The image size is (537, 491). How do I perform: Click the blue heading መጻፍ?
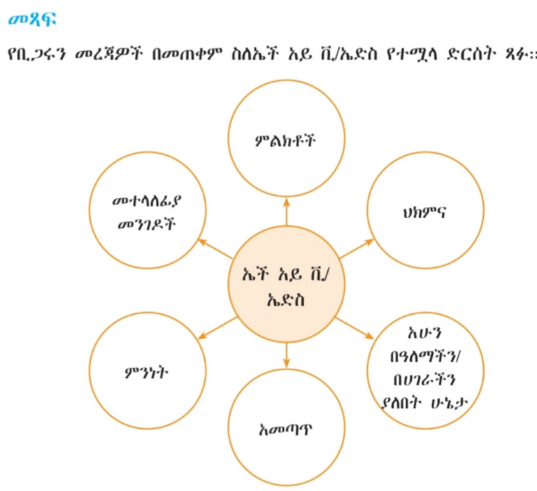32,20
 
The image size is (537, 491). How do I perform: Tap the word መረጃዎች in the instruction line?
108,54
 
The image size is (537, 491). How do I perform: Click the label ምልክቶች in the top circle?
285,141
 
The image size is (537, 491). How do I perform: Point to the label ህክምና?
424,213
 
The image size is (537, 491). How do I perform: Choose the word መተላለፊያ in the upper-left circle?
147,201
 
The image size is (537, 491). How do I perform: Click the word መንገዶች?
147,225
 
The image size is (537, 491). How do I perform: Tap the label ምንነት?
147,372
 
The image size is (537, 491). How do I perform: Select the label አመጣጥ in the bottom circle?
286,429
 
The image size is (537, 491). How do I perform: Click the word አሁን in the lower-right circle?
425,333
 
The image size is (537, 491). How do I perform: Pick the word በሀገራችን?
424,380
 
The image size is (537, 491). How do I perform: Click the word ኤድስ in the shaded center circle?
285,300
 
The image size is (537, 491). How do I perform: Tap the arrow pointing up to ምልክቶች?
286,212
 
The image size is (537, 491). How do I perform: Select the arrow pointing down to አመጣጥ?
286,355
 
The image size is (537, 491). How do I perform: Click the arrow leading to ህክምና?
357,248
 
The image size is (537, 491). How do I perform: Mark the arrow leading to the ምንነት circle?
217,328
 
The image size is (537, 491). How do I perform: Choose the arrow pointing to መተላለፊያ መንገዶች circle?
216,249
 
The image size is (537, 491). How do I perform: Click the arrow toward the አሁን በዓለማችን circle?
355,329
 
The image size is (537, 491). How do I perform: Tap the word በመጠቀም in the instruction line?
187,54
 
